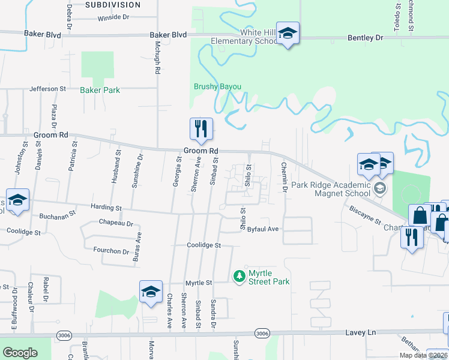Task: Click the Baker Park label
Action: tap(100, 91)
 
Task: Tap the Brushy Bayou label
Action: tap(217, 87)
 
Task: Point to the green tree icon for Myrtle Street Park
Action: tap(239, 275)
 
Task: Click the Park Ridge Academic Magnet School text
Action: tap(331, 189)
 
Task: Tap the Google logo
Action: tap(20, 352)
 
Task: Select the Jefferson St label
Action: tap(48, 89)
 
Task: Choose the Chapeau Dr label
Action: tap(117, 223)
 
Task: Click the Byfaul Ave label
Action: tap(263, 229)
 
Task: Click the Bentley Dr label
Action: tap(365, 38)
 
